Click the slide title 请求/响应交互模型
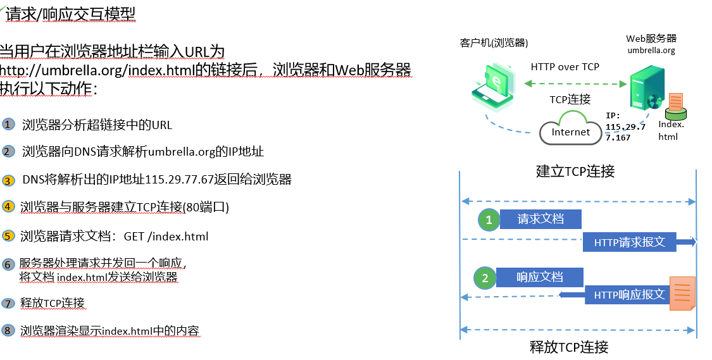click(70, 13)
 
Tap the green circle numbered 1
click(488, 220)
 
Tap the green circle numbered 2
click(485, 278)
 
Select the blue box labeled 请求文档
click(540, 220)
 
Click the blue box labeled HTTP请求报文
click(629, 242)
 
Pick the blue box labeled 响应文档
click(539, 277)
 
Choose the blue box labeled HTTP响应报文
click(628, 295)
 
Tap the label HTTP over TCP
click(565, 66)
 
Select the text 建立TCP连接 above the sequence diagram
click(575, 171)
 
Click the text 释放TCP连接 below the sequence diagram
click(569, 347)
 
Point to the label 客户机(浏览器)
click(494, 43)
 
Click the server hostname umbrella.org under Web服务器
click(651, 51)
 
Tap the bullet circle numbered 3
click(8, 180)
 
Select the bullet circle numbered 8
click(8, 330)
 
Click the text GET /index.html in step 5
click(166, 237)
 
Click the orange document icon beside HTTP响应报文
click(682, 293)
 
